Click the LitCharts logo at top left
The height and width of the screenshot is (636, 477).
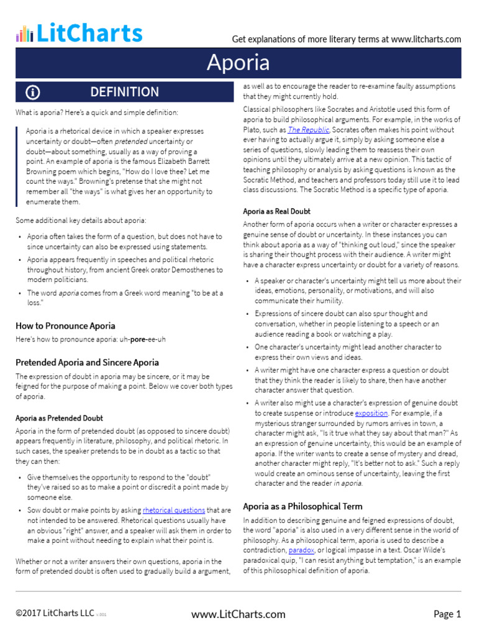tap(79, 33)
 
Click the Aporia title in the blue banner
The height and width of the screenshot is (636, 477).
tap(238, 63)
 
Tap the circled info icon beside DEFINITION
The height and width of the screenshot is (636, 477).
tap(33, 93)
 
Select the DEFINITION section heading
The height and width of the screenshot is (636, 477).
tap(124, 93)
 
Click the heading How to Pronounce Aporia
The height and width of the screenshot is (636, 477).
tap(65, 325)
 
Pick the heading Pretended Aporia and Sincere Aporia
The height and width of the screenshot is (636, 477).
tap(87, 361)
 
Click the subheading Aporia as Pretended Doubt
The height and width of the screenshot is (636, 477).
tap(59, 418)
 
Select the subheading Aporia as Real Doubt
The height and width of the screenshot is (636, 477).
tap(277, 211)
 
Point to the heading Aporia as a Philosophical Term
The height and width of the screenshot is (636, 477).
tap(302, 506)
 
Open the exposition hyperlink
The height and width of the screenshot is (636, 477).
tap(371, 412)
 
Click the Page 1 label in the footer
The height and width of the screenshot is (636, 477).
tap(447, 614)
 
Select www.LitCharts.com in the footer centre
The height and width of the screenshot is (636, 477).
tap(238, 614)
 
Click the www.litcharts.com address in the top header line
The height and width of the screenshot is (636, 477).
tap(426, 39)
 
